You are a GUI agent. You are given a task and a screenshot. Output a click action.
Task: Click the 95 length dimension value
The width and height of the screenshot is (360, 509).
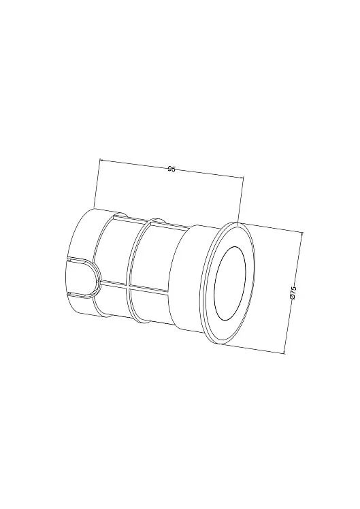coord(171,169)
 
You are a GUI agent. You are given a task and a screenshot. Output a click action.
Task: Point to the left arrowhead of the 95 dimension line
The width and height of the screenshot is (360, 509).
coord(101,160)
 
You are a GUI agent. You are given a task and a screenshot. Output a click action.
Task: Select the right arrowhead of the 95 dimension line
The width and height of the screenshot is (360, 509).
coord(241,177)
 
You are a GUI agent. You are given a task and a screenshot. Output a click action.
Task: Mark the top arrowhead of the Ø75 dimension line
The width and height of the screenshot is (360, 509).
coord(302,233)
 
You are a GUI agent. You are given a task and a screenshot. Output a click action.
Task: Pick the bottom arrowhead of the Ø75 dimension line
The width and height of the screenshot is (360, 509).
coord(284,351)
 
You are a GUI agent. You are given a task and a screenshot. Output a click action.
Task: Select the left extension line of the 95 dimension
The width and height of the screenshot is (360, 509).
coord(97,183)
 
